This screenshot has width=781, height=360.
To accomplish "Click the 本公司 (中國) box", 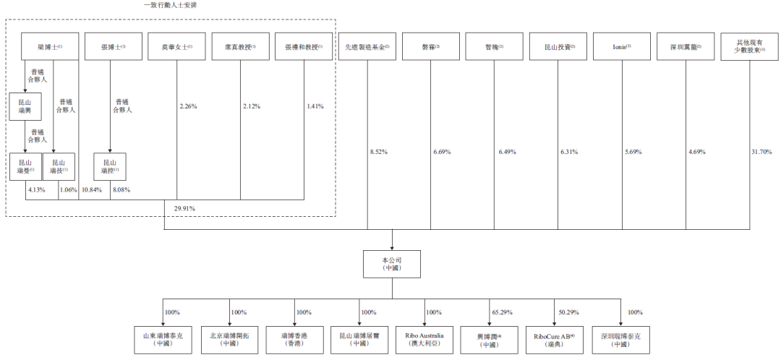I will [392, 263].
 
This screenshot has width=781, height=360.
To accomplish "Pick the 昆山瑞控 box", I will [110, 167].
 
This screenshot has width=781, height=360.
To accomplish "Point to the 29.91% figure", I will [184, 208].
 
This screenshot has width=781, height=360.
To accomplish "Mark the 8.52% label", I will [380, 152].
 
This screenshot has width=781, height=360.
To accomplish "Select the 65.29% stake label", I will [502, 312].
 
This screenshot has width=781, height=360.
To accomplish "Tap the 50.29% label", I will [568, 312].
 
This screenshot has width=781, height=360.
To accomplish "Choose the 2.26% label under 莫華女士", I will [188, 106].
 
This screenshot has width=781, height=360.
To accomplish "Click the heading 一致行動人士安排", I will [171, 5].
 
